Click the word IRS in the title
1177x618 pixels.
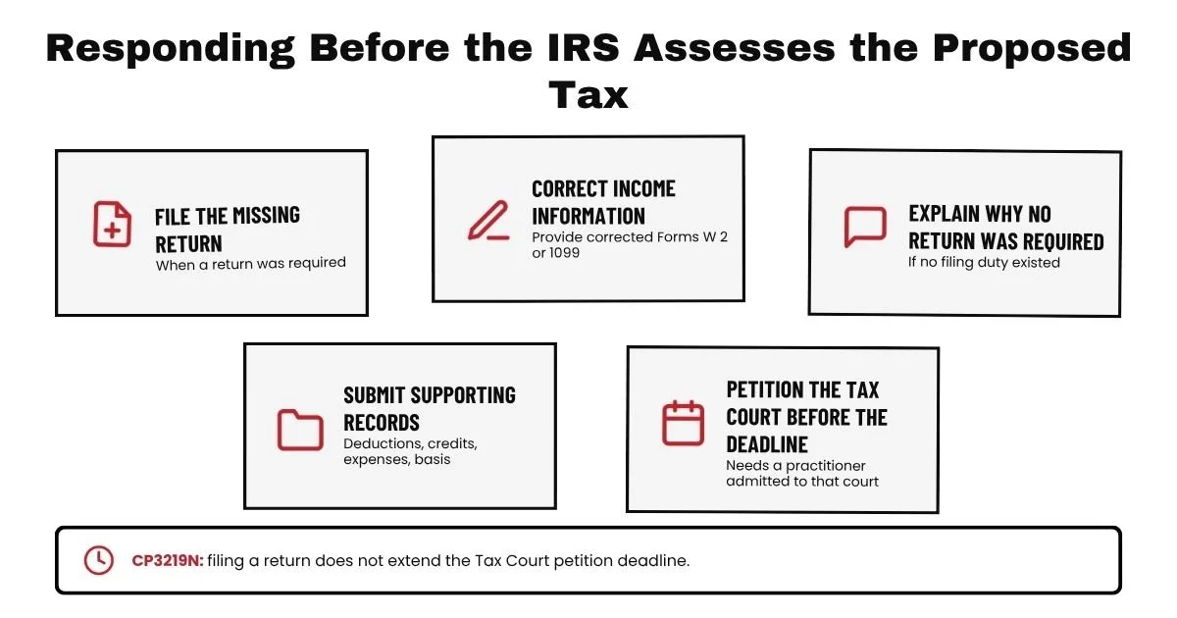[584, 48]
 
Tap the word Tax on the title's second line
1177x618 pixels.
[588, 95]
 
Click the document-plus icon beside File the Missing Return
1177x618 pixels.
[112, 224]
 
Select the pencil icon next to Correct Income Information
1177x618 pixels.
[488, 220]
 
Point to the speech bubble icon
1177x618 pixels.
[865, 227]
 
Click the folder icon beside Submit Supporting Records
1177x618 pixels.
[300, 430]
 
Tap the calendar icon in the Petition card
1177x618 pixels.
[683, 423]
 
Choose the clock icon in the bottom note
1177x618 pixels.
[99, 560]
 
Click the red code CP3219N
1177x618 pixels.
[167, 561]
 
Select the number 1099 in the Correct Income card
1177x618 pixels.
[564, 253]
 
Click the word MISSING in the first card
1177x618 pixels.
[267, 216]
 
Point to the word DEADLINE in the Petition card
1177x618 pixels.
[767, 444]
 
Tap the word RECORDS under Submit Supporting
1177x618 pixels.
[382, 423]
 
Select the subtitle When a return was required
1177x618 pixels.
[251, 264]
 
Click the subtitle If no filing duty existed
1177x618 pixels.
[984, 262]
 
